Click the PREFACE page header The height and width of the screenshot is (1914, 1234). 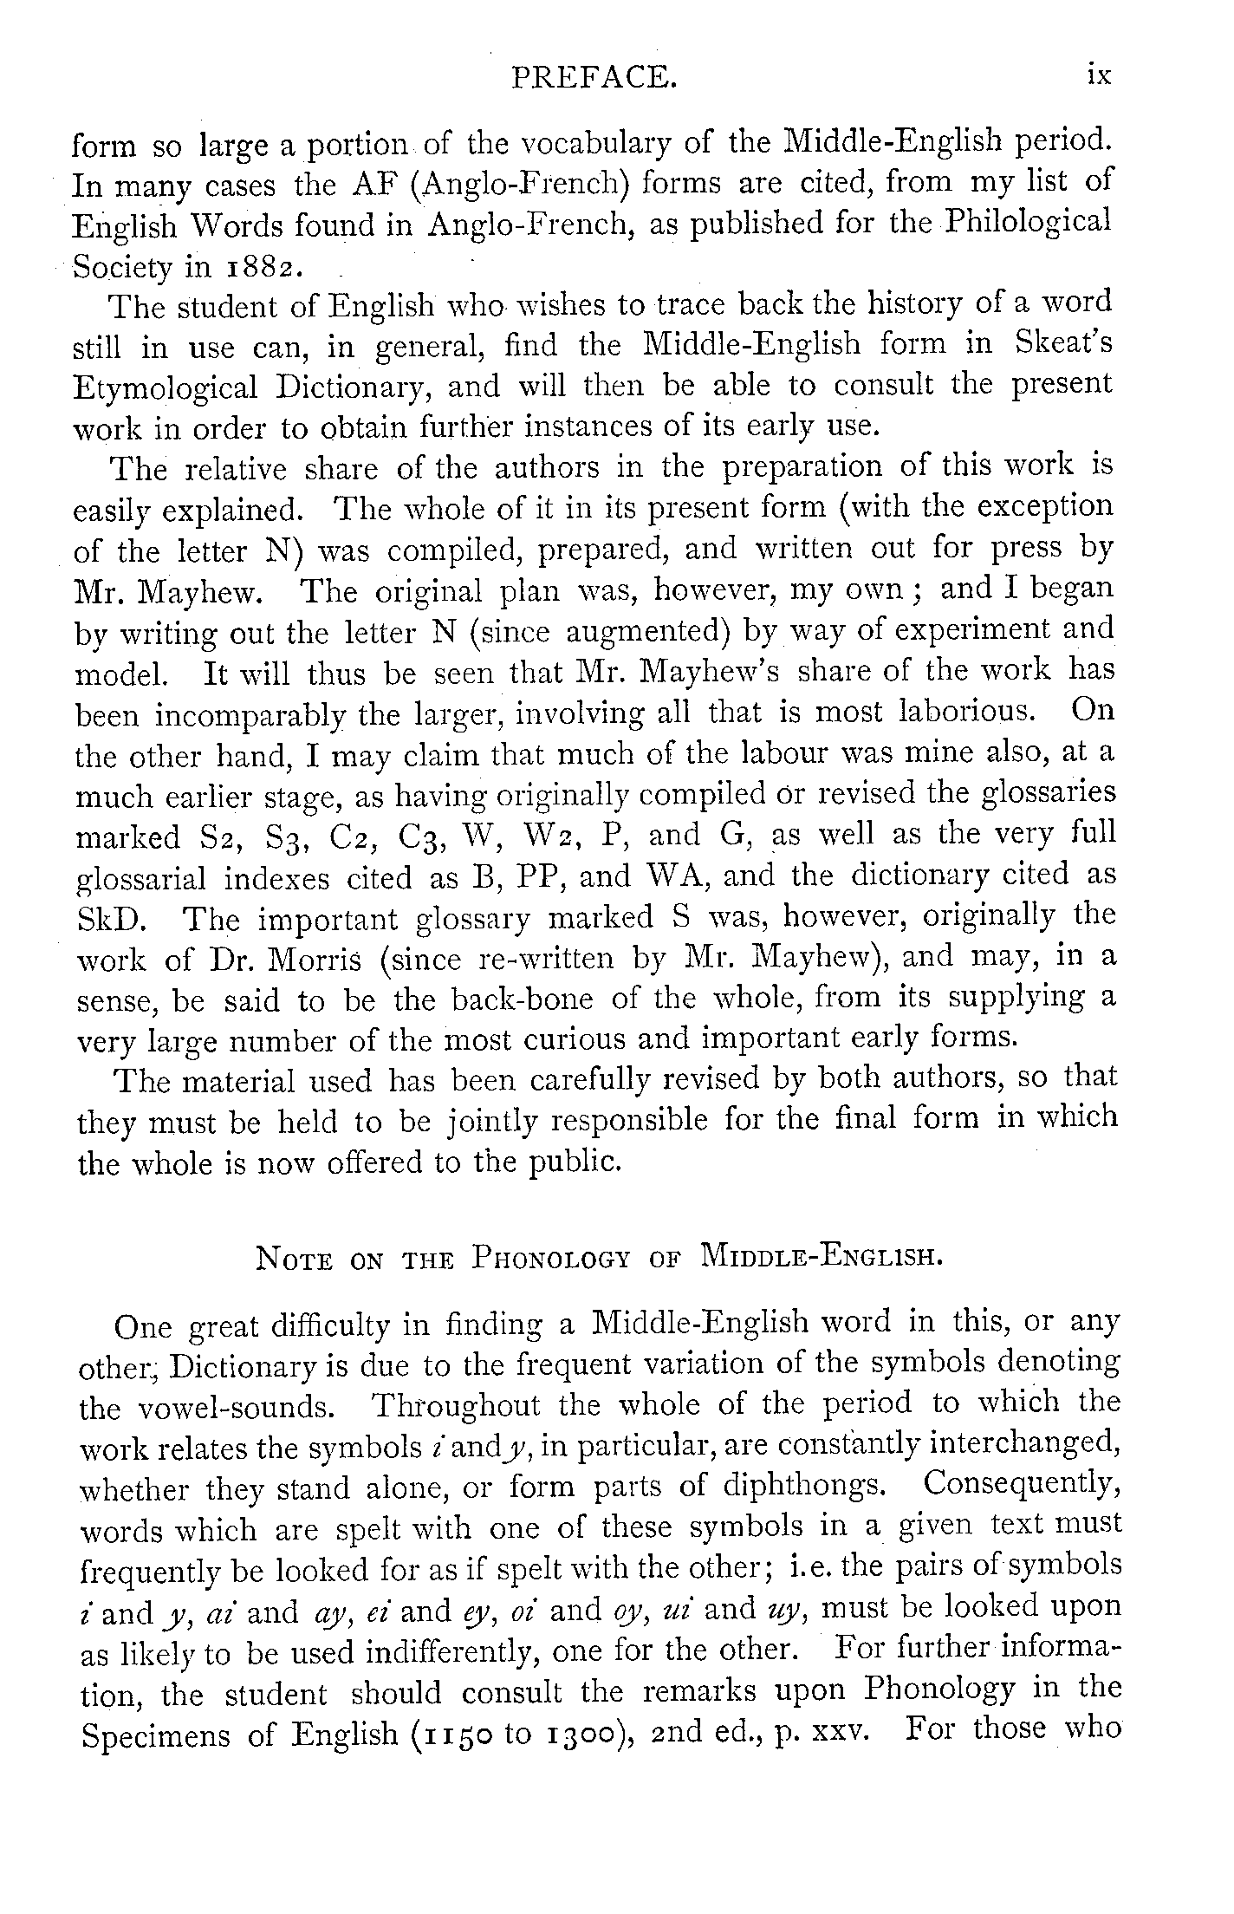pos(593,79)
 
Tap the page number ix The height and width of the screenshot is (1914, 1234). pos(1098,76)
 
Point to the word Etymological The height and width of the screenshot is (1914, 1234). pos(166,387)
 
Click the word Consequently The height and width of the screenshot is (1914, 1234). pos(1022,1484)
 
